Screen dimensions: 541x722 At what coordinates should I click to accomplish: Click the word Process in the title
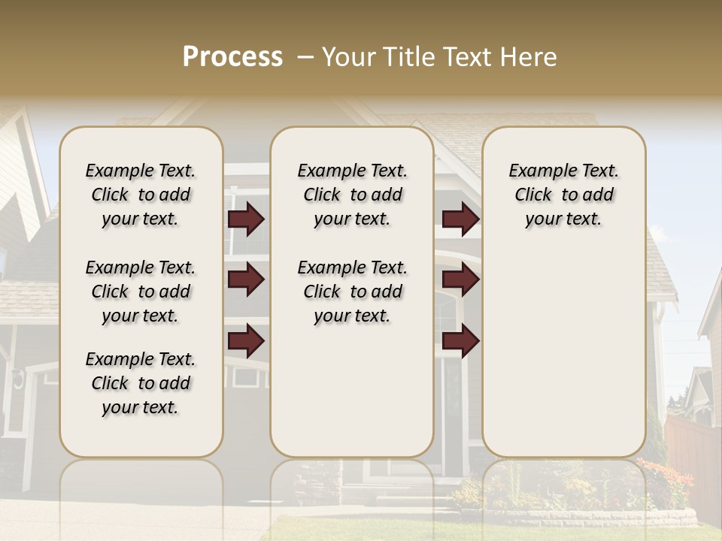232,57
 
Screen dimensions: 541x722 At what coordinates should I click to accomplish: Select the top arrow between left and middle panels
246,219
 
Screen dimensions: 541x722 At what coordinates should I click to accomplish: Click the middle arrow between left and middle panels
246,280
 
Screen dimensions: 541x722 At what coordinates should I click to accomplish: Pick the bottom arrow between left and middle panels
246,340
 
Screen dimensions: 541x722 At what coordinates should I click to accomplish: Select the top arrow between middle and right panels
460,219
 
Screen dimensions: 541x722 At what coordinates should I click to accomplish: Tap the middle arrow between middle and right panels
460,280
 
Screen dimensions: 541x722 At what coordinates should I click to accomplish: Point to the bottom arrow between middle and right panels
460,340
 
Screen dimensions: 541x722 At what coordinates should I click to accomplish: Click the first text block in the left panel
141,195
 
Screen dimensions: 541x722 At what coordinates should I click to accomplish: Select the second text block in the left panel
141,292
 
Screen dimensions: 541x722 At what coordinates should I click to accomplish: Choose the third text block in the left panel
141,383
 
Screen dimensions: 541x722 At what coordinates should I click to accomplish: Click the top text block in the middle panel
352,195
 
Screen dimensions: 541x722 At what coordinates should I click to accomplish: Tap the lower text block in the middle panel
352,292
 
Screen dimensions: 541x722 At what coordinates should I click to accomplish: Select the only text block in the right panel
563,195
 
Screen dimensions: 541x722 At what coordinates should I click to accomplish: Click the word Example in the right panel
537,171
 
